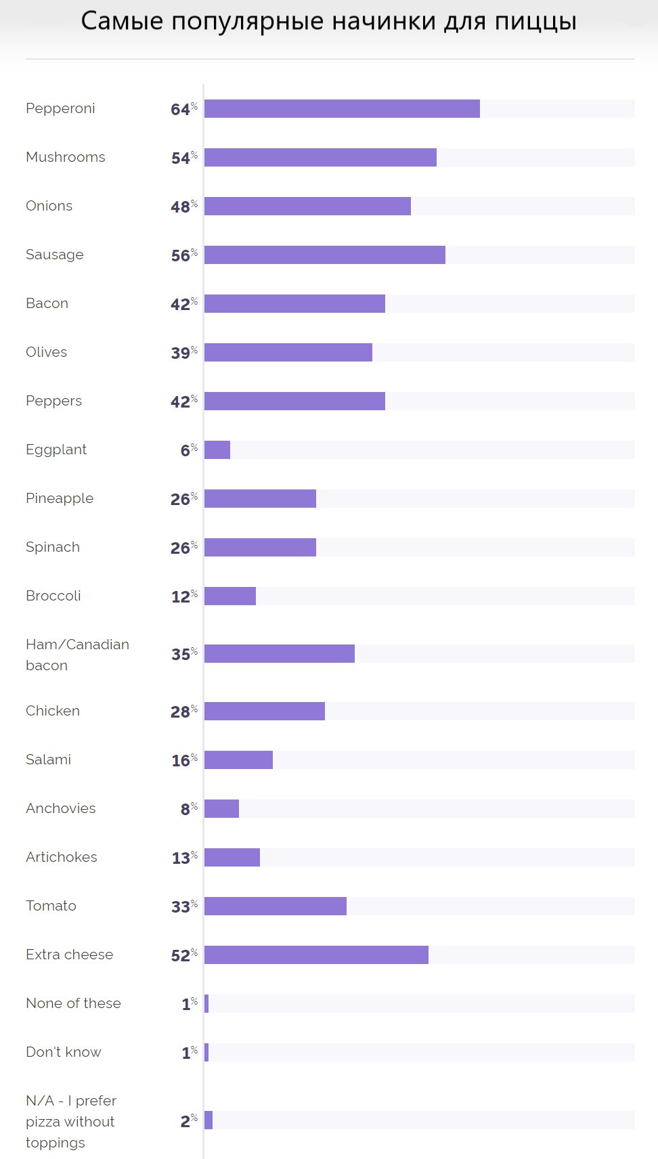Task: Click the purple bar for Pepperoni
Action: pyautogui.click(x=342, y=108)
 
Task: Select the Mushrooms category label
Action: pyautogui.click(x=66, y=157)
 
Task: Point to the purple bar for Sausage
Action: pyautogui.click(x=325, y=255)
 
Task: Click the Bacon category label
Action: pyautogui.click(x=47, y=303)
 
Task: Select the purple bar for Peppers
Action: pyautogui.click(x=294, y=401)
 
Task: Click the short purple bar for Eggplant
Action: pyautogui.click(x=217, y=450)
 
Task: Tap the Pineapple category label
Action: pyautogui.click(x=60, y=498)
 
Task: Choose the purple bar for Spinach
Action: pyautogui.click(x=260, y=547)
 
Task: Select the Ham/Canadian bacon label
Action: pyautogui.click(x=77, y=654)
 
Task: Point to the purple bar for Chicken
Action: pyautogui.click(x=265, y=711)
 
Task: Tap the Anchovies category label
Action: pyautogui.click(x=61, y=808)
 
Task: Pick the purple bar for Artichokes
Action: pyautogui.click(x=232, y=857)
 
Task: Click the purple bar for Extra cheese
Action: pyautogui.click(x=316, y=955)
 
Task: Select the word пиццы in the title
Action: pyautogui.click(x=535, y=22)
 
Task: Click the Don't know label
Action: pyautogui.click(x=64, y=1052)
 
